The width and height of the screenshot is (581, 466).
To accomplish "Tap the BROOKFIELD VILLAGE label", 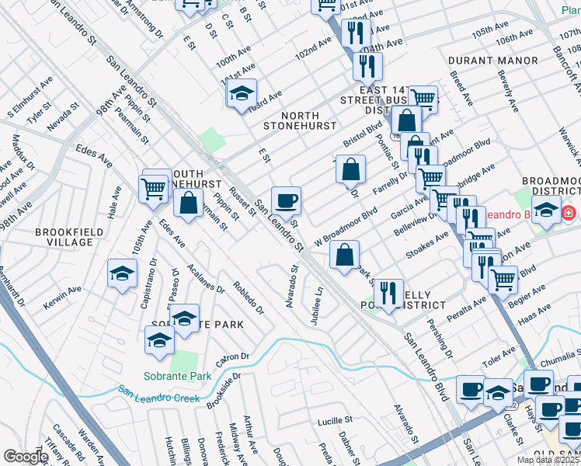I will point(64,236).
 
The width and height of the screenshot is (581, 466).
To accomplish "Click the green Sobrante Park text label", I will point(167,376).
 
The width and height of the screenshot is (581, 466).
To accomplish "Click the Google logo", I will point(25,457).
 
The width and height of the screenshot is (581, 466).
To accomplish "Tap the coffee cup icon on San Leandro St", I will point(286,200).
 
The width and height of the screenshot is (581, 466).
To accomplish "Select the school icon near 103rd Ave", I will point(242,93).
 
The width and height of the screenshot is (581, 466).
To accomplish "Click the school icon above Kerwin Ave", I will point(122,273).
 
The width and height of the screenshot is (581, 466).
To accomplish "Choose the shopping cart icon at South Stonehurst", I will point(154,187).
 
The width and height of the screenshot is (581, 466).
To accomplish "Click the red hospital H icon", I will point(569,212).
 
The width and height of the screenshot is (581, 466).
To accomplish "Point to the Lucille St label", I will point(335,420).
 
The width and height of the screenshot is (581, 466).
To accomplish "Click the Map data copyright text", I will point(548,460).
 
